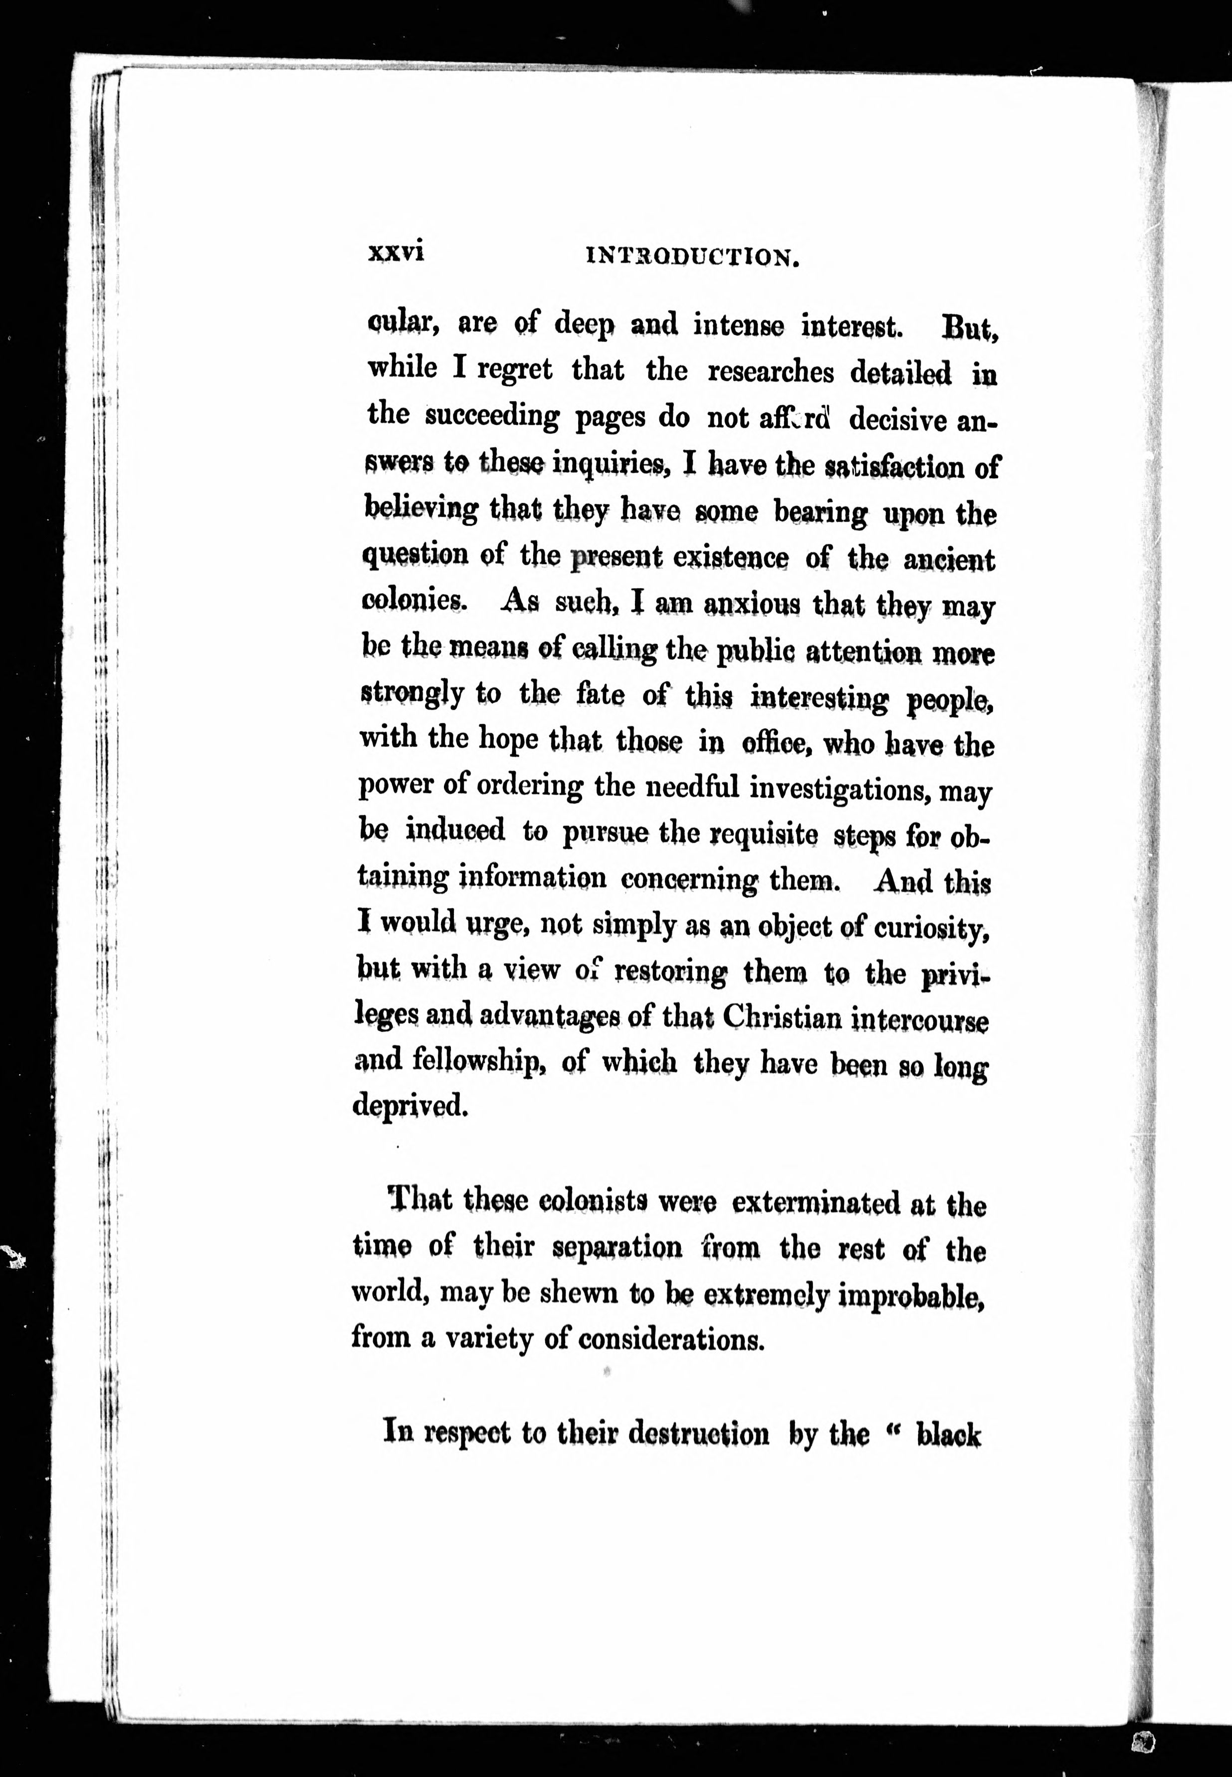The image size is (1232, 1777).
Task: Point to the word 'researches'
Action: coord(771,372)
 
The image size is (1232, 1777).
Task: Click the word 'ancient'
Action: coord(950,560)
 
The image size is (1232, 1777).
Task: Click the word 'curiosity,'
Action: coord(932,927)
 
